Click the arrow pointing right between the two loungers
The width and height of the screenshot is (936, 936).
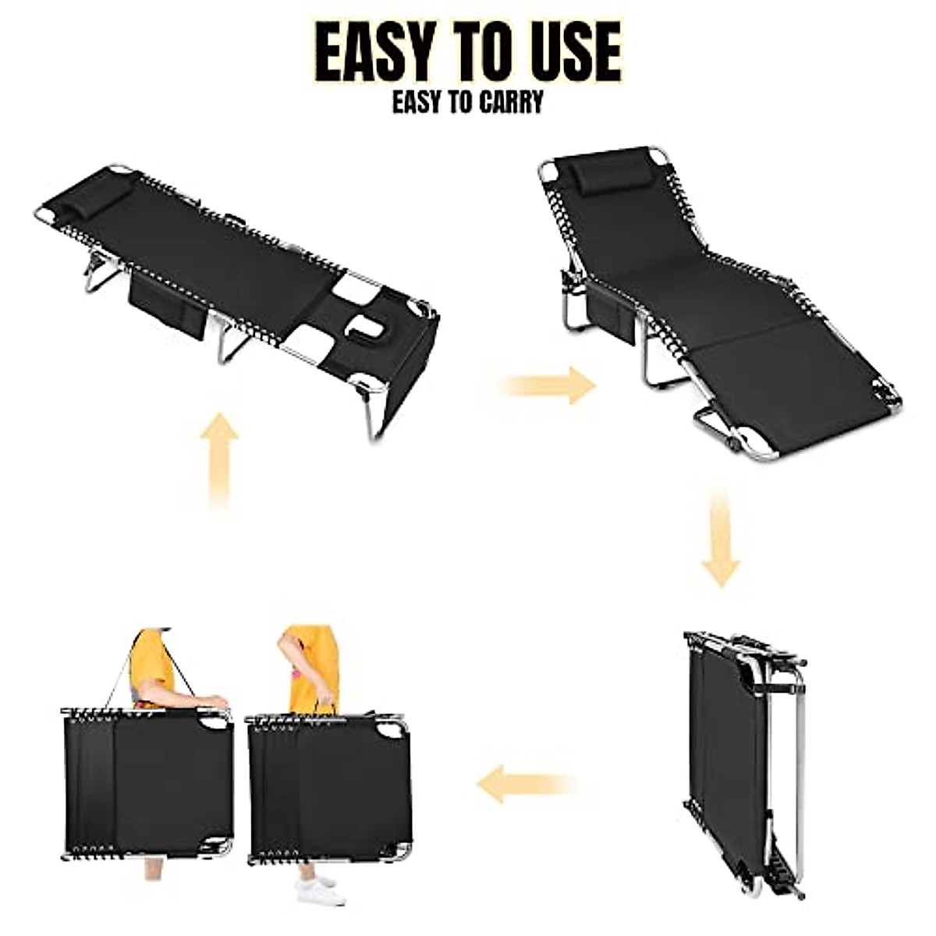pyautogui.click(x=551, y=385)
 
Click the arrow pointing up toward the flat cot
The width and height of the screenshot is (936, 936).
pyautogui.click(x=219, y=460)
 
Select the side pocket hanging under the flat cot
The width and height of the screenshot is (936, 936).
pyautogui.click(x=165, y=305)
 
